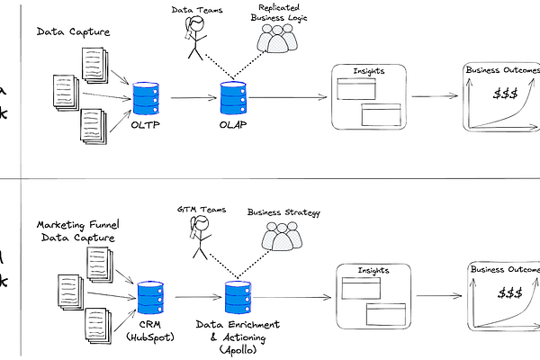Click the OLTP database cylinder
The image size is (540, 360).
click(145, 98)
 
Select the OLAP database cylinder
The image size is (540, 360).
click(232, 98)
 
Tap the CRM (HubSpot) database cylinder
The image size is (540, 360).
click(149, 295)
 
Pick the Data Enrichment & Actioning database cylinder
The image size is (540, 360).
click(238, 296)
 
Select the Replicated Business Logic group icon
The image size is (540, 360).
click(275, 36)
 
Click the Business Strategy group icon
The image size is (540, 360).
click(282, 237)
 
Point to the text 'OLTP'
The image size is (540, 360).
click(146, 124)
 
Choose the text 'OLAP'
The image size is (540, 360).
click(233, 124)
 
